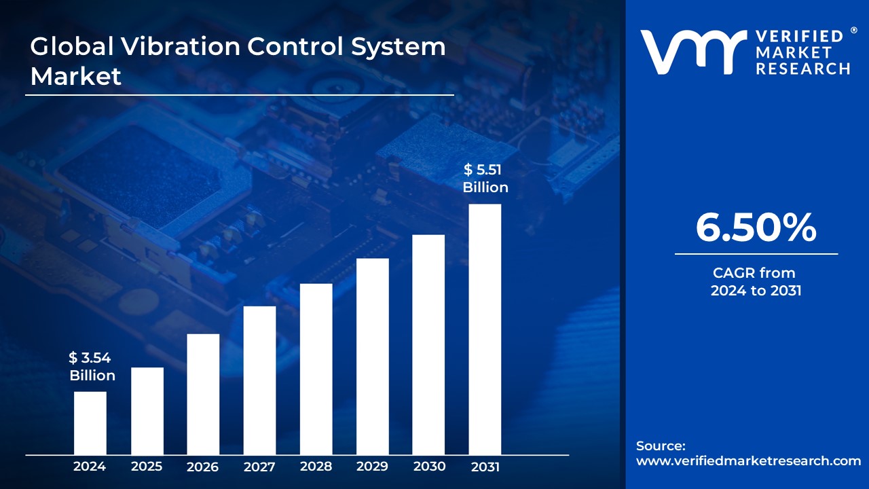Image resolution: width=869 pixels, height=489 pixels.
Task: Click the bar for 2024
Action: click(x=90, y=423)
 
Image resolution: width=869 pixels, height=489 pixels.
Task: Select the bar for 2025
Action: click(x=147, y=411)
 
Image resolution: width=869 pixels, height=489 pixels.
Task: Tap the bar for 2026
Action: click(x=203, y=394)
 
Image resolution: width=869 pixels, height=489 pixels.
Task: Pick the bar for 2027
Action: click(x=259, y=380)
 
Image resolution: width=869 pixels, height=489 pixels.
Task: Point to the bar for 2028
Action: click(x=316, y=369)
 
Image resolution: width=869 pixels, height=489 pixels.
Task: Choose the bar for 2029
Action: click(x=372, y=357)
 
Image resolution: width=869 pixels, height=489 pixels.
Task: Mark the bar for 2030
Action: click(x=428, y=344)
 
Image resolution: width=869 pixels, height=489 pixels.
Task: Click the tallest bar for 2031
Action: click(x=485, y=329)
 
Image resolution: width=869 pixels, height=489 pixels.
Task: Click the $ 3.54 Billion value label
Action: click(x=92, y=367)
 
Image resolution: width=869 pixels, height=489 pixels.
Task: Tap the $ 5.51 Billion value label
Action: click(x=485, y=179)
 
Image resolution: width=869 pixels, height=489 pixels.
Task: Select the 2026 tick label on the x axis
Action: click(x=203, y=467)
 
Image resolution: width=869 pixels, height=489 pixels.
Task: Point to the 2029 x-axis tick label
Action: click(x=372, y=467)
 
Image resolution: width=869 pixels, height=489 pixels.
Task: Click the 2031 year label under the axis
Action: click(x=485, y=467)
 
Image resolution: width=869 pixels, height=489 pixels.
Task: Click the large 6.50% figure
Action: click(x=756, y=228)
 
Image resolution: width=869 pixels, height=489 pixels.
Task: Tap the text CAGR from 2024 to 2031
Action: click(x=756, y=282)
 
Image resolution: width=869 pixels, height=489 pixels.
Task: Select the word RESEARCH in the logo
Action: click(x=803, y=69)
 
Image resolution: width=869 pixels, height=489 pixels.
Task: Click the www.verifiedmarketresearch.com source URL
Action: click(x=748, y=461)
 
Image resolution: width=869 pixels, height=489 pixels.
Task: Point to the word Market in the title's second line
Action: click(x=76, y=76)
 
